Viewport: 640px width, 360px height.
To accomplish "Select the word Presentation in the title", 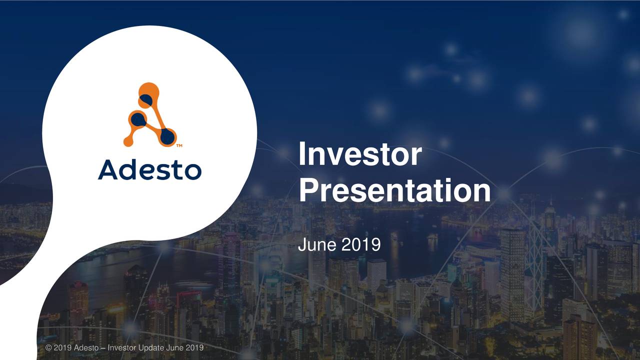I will [x=394, y=191].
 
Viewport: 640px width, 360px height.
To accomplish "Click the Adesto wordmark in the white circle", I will [x=149, y=169].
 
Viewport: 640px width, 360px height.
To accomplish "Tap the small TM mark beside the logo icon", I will [x=179, y=146].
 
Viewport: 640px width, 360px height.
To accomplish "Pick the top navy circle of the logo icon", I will [x=146, y=100].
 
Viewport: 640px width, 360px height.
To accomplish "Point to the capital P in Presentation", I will [x=308, y=191].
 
